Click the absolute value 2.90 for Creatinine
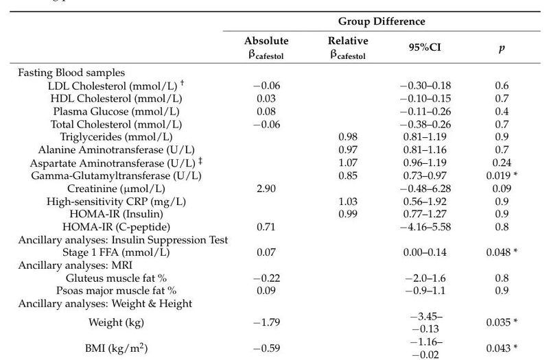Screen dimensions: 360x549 point(261,189)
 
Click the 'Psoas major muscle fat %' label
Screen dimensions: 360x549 point(115,291)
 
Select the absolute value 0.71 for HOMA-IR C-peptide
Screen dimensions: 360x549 point(261,227)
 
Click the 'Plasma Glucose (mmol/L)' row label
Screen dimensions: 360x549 point(115,111)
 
